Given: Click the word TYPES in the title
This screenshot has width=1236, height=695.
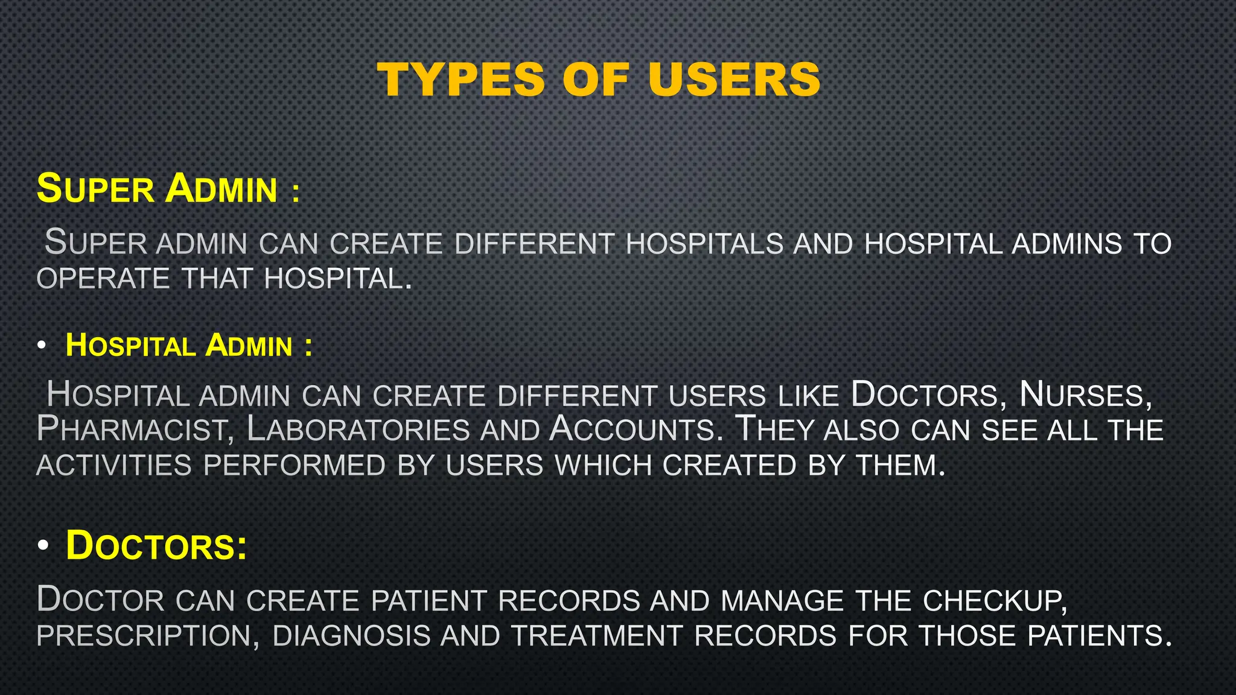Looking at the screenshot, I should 461,80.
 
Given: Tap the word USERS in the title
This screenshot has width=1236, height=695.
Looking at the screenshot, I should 734,80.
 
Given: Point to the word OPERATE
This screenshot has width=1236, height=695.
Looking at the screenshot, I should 103,279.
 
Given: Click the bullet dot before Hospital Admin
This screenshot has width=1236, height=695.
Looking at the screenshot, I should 41,346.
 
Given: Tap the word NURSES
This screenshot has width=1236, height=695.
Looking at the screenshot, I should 1085,395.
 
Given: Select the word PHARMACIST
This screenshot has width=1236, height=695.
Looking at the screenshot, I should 131,430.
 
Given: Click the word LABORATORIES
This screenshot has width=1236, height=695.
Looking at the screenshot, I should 358,430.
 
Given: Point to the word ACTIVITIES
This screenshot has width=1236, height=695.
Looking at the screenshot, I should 114,466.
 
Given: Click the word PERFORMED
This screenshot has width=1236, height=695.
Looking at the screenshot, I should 295,466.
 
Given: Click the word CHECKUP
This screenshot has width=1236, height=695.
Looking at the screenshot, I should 995,601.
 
